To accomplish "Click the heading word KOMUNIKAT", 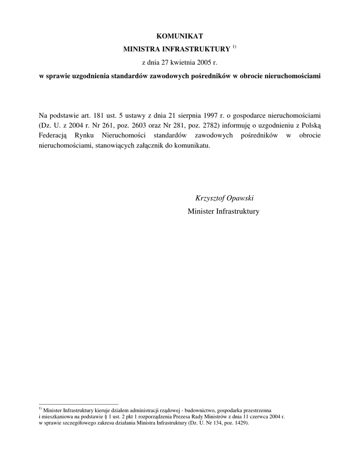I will click(x=180, y=35).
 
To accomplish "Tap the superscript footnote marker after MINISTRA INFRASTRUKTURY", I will click(x=234, y=47).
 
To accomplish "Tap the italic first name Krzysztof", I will click(x=211, y=198).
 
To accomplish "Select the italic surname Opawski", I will click(x=241, y=198).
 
